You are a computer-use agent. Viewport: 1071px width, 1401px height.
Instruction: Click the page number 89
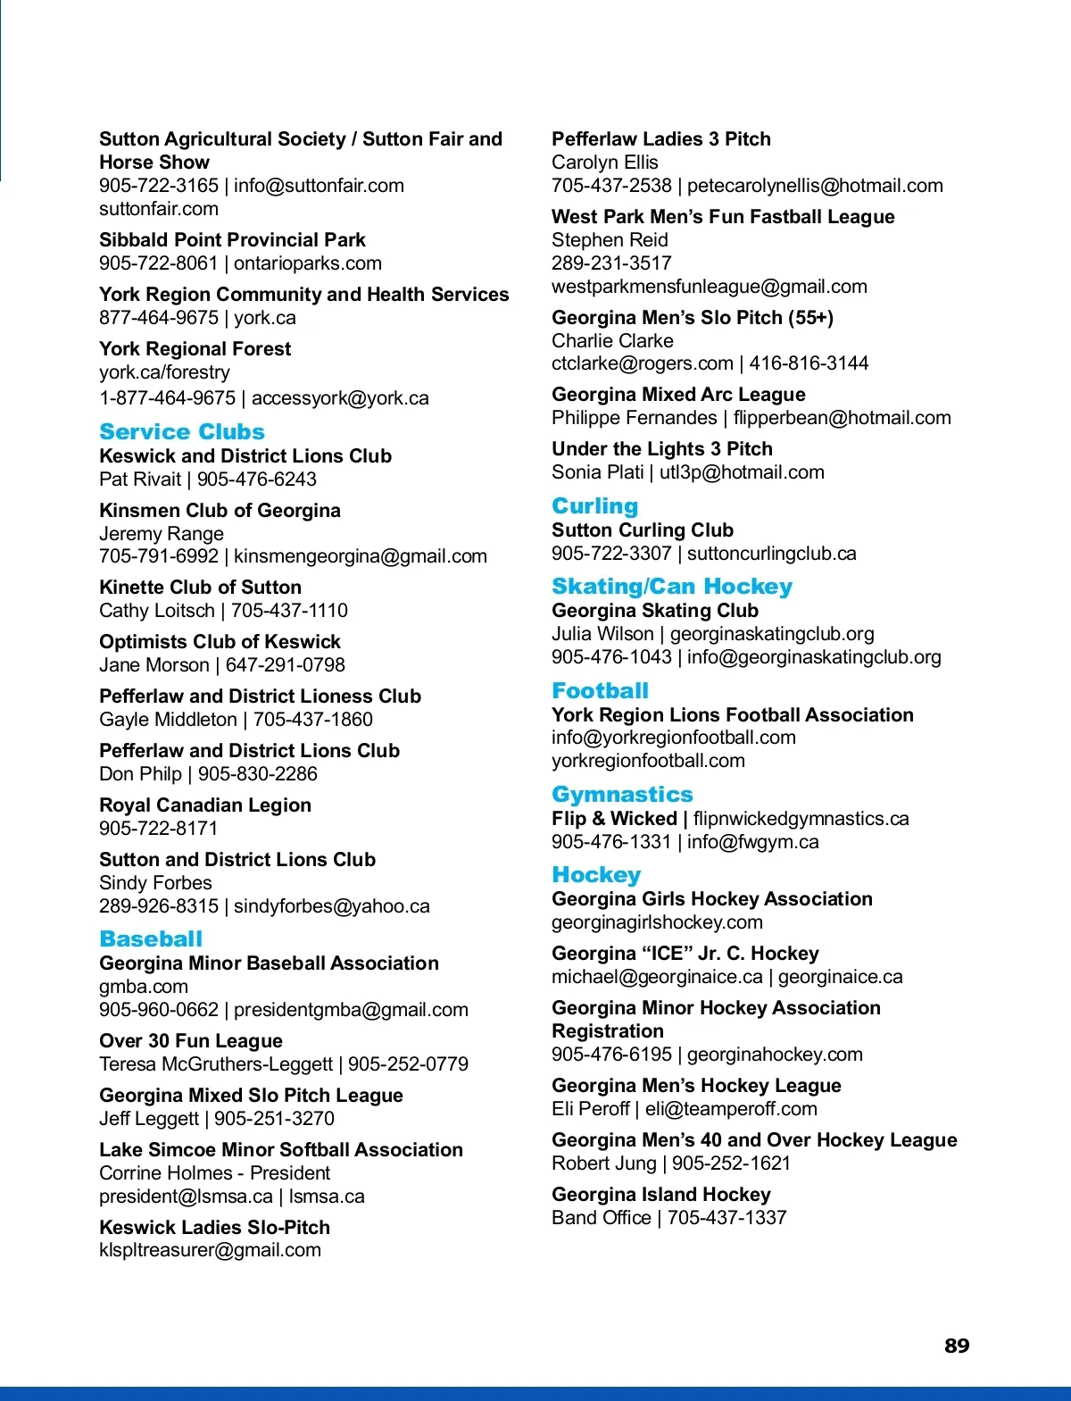pyautogui.click(x=956, y=1346)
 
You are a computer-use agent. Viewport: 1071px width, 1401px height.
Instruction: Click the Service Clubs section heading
pyautogui.click(x=182, y=432)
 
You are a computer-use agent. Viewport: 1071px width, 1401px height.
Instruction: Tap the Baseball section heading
pyautogui.click(x=151, y=939)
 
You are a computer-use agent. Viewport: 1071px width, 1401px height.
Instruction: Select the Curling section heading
pyautogui.click(x=594, y=506)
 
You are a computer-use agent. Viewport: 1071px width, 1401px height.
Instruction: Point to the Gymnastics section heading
pyautogui.click(x=622, y=795)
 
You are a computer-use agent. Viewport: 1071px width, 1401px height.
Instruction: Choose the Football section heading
pyautogui.click(x=600, y=691)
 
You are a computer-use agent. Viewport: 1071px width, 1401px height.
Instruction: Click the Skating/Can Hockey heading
pyautogui.click(x=672, y=587)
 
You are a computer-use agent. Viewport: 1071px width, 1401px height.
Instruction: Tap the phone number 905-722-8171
pyautogui.click(x=158, y=829)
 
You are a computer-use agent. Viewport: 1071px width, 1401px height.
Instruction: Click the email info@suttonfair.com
pyautogui.click(x=319, y=186)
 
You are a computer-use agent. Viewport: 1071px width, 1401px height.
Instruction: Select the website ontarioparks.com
pyautogui.click(x=307, y=263)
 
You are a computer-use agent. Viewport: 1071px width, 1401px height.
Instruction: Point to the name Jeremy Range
pyautogui.click(x=162, y=534)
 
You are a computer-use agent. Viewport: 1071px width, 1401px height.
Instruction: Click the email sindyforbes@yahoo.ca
pyautogui.click(x=331, y=906)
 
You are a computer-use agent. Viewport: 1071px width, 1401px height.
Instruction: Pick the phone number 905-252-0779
pyautogui.click(x=408, y=1064)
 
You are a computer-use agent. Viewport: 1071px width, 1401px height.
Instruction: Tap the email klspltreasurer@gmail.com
pyautogui.click(x=210, y=1250)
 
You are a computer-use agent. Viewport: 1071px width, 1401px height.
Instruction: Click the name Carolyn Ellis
pyautogui.click(x=604, y=163)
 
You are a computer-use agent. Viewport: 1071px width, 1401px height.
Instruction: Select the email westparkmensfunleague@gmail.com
pyautogui.click(x=709, y=287)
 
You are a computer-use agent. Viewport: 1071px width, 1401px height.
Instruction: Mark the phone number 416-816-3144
pyautogui.click(x=809, y=363)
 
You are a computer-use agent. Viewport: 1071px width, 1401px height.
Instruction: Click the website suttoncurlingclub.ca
pyautogui.click(x=771, y=554)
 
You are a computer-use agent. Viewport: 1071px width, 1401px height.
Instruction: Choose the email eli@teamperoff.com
pyautogui.click(x=731, y=1109)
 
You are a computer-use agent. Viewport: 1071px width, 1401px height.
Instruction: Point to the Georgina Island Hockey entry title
pyautogui.click(x=660, y=1195)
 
